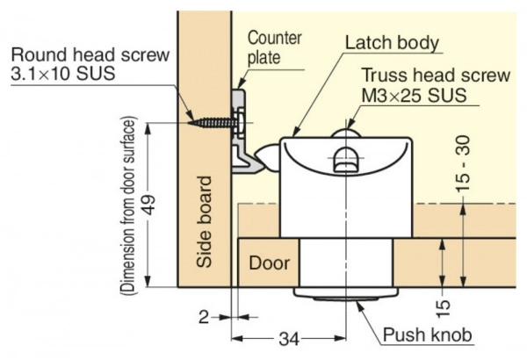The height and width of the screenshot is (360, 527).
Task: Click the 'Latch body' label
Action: [392, 42]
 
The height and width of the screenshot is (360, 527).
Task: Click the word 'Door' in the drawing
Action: [270, 263]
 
